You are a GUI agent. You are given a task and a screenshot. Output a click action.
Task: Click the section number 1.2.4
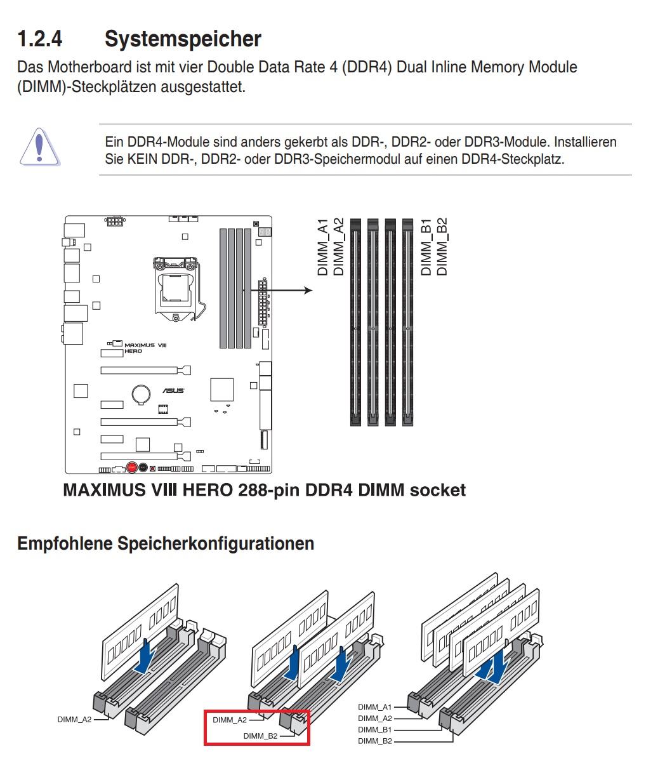[x=39, y=39]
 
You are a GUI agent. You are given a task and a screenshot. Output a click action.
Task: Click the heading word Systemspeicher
[x=183, y=39]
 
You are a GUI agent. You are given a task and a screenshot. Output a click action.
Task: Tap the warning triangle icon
[x=39, y=147]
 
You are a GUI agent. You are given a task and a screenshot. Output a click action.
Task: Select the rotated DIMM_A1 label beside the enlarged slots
[x=323, y=248]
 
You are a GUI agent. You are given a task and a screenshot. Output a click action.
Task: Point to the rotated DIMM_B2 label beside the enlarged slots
[x=442, y=248]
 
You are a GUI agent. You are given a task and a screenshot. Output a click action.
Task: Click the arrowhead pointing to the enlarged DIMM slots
[x=308, y=290]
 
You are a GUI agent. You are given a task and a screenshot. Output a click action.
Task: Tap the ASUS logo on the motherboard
[x=173, y=390]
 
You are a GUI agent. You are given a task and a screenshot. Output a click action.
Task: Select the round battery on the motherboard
[x=141, y=394]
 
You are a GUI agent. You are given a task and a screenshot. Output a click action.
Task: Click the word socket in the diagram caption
[x=438, y=491]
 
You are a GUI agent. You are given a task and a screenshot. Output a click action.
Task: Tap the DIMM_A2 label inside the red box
[x=230, y=720]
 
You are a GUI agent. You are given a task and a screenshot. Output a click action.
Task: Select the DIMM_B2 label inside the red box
[x=260, y=736]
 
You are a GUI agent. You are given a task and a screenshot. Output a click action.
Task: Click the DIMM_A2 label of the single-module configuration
[x=74, y=719]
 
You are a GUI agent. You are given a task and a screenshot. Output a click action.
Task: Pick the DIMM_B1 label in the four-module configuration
[x=374, y=729]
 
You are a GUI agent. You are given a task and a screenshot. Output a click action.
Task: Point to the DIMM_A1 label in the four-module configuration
[x=374, y=706]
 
